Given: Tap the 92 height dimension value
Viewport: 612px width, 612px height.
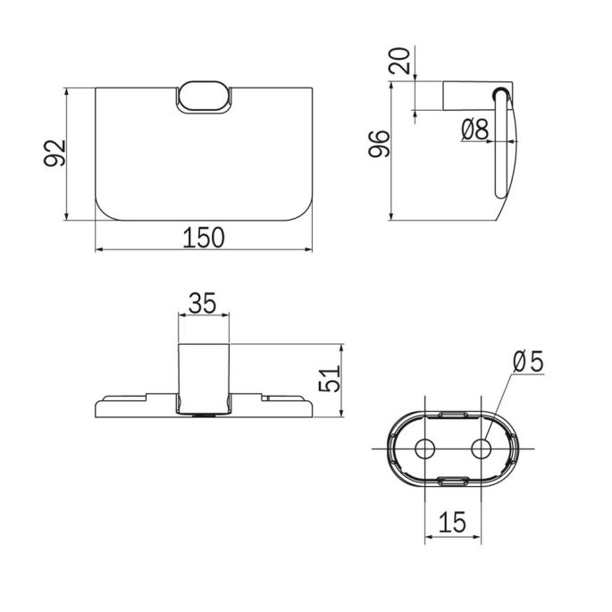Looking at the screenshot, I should point(55,155).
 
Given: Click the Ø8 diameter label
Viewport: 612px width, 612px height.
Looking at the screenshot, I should point(475,130).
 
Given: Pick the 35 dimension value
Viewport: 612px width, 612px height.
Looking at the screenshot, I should point(204,304).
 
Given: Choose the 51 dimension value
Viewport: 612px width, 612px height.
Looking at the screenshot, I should point(331,380).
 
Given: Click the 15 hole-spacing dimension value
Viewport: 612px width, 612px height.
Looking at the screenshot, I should point(452,520).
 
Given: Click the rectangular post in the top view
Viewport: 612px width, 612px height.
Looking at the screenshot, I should point(204,375).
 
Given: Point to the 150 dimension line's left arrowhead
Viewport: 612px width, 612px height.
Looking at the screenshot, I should point(97,249).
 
